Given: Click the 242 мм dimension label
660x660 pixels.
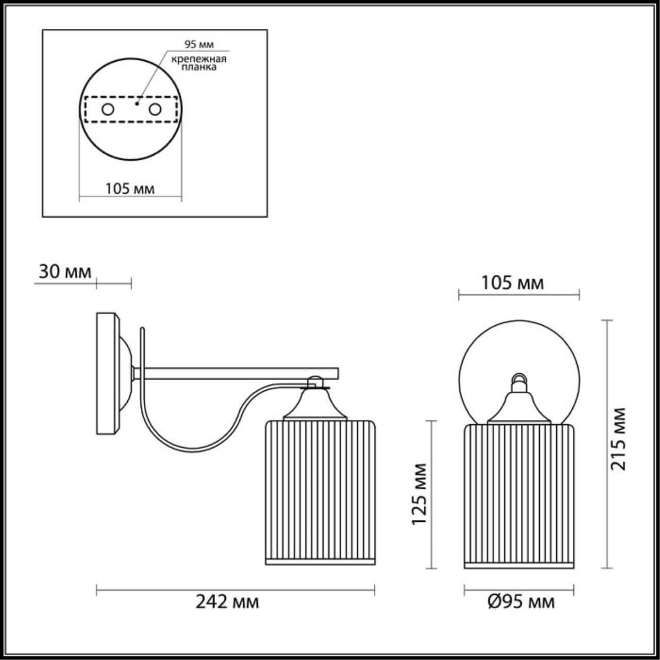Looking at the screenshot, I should [x=227, y=602].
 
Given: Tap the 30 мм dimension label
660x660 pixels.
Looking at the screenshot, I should [x=64, y=272].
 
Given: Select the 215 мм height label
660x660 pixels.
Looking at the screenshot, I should [x=618, y=438].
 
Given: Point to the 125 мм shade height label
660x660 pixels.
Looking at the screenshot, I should [x=420, y=493].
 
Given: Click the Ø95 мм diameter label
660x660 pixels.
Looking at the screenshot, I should [x=521, y=602].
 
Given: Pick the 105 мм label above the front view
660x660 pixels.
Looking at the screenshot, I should [x=513, y=283].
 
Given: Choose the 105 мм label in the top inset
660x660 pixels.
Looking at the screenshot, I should [x=130, y=189].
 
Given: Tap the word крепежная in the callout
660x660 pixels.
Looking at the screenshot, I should [x=200, y=58].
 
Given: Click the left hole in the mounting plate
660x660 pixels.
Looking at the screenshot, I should [x=108, y=109].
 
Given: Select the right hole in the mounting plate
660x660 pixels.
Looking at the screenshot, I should [x=154, y=109].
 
